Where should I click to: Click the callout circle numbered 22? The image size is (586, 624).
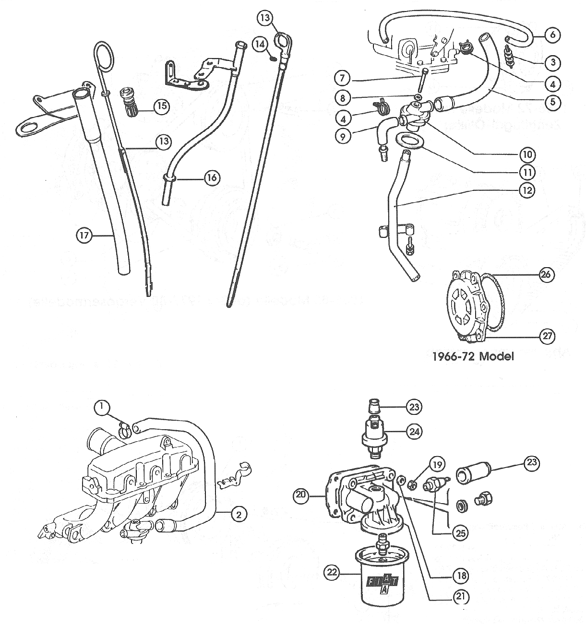tap(331, 572)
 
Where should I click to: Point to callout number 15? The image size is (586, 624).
tap(162, 106)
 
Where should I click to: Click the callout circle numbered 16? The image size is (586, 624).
tap(212, 178)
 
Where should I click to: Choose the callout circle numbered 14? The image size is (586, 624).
tap(260, 44)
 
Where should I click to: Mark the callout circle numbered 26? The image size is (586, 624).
tap(546, 275)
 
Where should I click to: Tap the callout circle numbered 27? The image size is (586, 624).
tap(547, 336)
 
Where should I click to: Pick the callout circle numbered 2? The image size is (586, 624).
tap(239, 515)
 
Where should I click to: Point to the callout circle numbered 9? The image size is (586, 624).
tap(343, 136)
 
